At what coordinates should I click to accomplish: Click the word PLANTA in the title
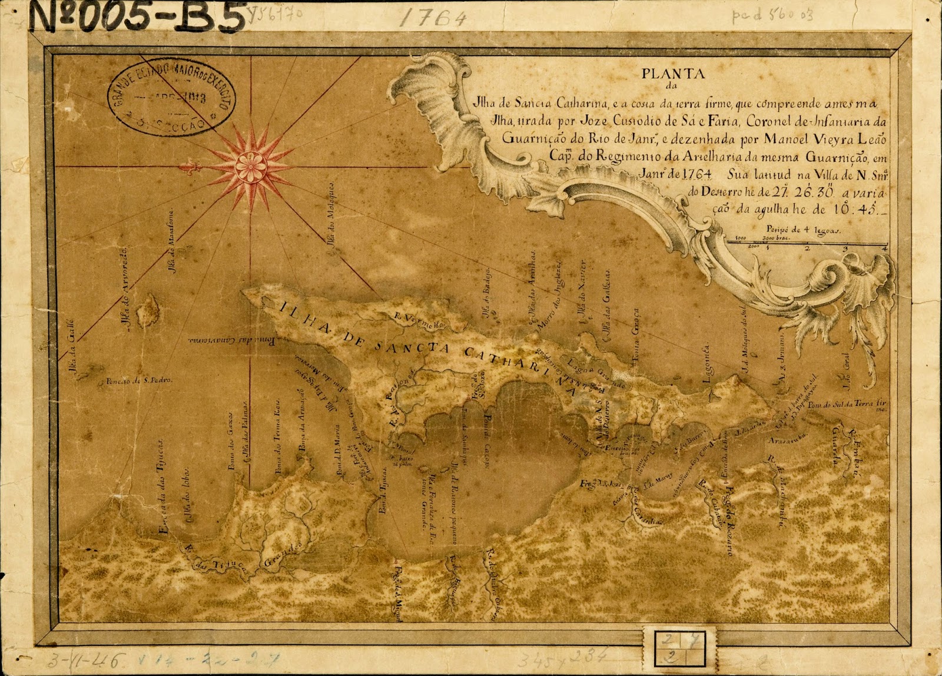coord(674,74)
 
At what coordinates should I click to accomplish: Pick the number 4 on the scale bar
coord(884,248)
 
